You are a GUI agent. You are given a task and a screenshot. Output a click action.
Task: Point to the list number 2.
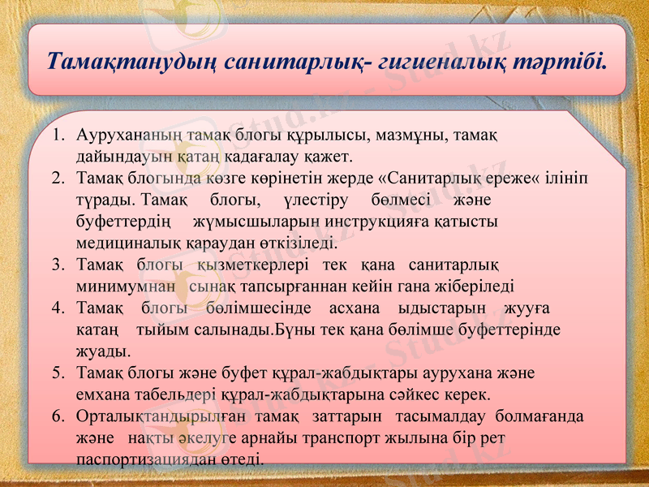[58, 177]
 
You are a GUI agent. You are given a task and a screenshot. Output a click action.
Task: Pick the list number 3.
[58, 265]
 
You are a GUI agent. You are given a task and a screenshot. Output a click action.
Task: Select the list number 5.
[58, 374]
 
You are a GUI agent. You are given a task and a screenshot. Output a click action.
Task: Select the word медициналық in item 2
[122, 242]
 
